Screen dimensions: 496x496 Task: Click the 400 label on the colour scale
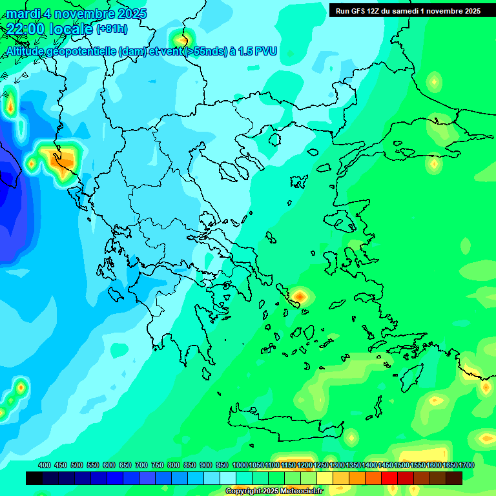(45, 466)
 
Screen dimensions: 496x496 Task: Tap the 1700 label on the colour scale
(467, 466)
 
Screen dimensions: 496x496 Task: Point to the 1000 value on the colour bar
(240, 466)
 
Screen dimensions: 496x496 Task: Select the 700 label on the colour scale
(141, 466)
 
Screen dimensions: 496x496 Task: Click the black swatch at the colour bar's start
(34, 479)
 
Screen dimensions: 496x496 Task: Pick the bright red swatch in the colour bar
(389, 479)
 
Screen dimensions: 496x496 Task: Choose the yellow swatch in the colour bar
(325, 479)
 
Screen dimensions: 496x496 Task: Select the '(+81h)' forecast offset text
(112, 29)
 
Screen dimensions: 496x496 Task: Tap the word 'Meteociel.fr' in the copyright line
(302, 491)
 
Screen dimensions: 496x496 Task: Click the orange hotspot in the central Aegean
(300, 296)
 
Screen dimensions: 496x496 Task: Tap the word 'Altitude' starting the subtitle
(28, 51)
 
